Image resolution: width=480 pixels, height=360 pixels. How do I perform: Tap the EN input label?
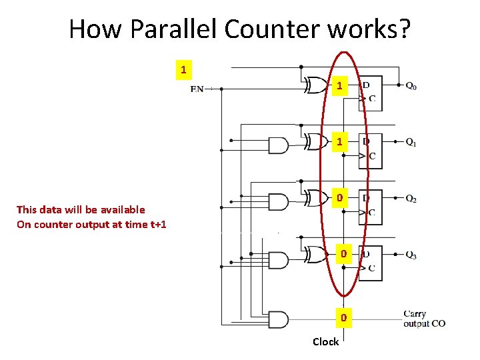[197, 89]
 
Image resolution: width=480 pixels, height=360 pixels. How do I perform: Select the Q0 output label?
[411, 86]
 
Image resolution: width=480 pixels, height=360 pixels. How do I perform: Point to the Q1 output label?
[411, 142]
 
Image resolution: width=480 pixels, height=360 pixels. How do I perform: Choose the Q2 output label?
[411, 199]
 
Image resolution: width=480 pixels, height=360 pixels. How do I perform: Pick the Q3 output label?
[411, 255]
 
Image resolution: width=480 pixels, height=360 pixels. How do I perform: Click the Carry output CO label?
[424, 319]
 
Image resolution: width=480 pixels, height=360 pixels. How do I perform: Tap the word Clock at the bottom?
[325, 342]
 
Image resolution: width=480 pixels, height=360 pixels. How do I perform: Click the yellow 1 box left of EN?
[183, 69]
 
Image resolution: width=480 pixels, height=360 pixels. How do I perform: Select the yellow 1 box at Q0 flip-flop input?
[340, 86]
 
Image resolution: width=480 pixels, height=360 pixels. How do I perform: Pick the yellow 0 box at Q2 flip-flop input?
[340, 199]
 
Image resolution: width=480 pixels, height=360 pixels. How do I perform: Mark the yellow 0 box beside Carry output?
[343, 319]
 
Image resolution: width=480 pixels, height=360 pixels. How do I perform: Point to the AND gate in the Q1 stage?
[277, 145]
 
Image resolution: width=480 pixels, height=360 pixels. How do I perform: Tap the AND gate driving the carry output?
[277, 319]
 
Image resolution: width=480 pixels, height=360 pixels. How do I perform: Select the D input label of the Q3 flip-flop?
[367, 255]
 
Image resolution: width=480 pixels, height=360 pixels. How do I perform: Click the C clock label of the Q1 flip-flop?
[372, 157]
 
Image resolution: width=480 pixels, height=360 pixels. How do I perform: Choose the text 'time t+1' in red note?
[143, 224]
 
